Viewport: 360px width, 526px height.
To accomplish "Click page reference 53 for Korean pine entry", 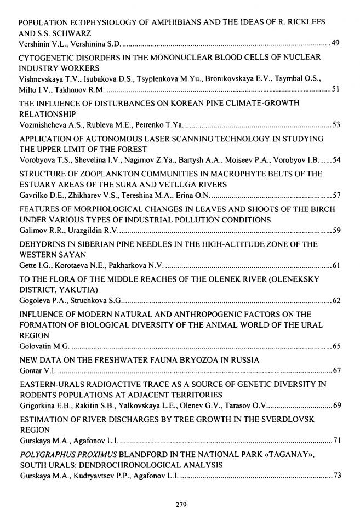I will click(x=336, y=124).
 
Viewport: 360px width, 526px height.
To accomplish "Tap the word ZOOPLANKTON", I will click(x=94, y=174).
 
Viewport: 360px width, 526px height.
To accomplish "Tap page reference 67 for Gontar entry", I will click(x=336, y=371).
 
